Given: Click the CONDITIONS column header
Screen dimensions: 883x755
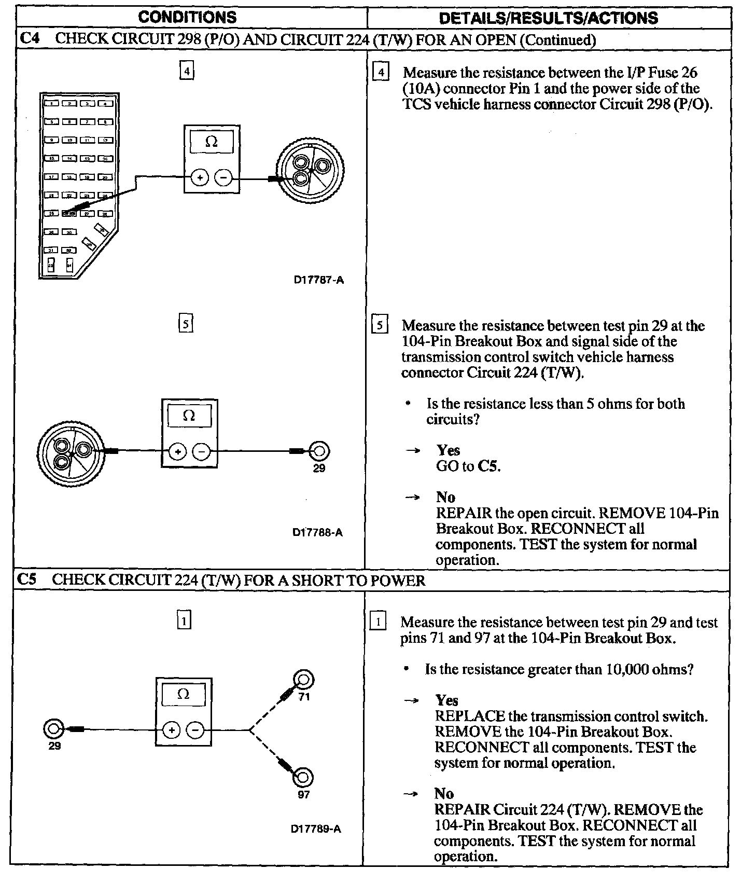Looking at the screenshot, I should tap(187, 17).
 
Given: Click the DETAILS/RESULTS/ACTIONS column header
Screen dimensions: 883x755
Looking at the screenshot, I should tap(549, 18).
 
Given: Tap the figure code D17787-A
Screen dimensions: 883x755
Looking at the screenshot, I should tap(319, 280).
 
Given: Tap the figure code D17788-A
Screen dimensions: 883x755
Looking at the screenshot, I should tap(317, 532).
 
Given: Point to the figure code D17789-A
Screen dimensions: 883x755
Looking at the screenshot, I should tap(316, 829).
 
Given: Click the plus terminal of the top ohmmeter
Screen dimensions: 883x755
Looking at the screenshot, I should tap(200, 178).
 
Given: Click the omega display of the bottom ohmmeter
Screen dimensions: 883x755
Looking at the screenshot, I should tap(184, 694).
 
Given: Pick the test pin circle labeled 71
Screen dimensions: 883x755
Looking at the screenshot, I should tap(303, 679).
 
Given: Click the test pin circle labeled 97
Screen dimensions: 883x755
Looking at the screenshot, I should tap(303, 777).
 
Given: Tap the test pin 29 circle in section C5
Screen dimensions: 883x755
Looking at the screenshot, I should tap(52, 729).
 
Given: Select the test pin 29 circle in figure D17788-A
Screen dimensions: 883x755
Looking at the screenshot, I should tap(319, 451).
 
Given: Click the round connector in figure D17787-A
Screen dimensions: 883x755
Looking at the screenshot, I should tap(310, 170).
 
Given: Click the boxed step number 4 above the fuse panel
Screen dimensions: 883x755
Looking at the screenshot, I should tap(187, 70).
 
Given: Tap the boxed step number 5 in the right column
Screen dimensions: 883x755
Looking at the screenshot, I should tap(380, 326).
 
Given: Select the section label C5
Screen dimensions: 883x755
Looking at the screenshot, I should tap(27, 580).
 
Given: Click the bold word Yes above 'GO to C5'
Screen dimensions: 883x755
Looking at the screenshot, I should tap(448, 450).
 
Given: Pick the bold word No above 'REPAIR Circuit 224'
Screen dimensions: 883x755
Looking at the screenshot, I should tap(444, 794).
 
